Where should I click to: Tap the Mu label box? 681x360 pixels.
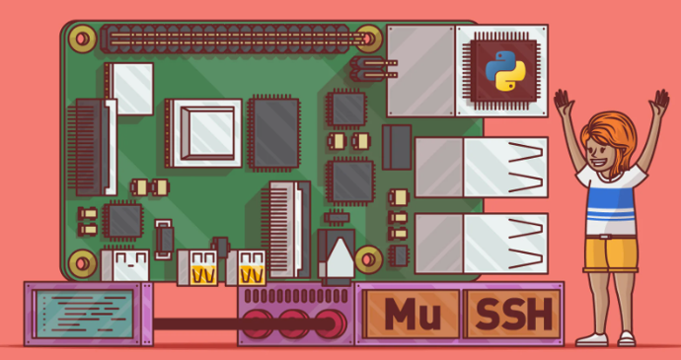406,313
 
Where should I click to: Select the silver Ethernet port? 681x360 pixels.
419,71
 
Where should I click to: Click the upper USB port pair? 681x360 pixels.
480,166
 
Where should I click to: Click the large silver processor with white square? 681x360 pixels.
203,130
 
